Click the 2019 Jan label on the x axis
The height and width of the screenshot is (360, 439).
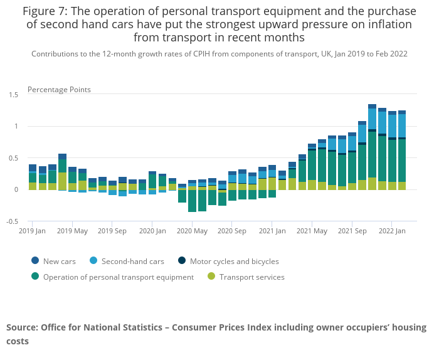point(33,231)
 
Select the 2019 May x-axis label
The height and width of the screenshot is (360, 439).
point(72,231)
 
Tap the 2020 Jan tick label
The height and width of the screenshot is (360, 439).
point(152,231)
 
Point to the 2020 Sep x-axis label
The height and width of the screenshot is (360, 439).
point(232,231)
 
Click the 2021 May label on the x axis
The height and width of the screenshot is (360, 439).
point(312,231)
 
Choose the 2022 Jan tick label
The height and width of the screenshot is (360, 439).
point(392,231)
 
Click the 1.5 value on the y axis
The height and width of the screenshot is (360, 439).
point(13,95)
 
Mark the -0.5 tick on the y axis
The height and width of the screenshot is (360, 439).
point(13,221)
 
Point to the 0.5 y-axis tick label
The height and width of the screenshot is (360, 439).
point(13,158)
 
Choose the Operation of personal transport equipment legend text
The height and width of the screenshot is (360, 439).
point(119,277)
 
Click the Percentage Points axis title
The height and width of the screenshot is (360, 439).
point(59,90)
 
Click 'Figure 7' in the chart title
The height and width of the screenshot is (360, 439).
point(46,11)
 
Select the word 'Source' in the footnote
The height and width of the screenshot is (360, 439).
point(22,327)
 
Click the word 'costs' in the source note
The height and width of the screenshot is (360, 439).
point(18,341)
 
